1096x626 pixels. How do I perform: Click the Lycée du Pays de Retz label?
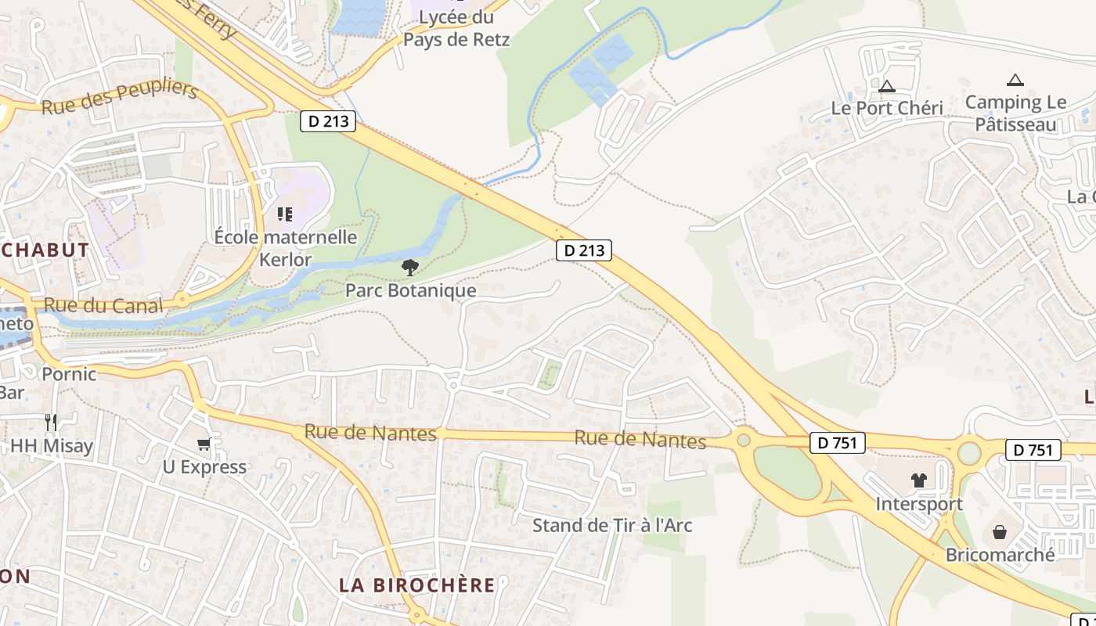click(x=456, y=28)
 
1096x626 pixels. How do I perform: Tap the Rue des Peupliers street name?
click(x=119, y=98)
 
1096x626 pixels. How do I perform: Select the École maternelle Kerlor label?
click(x=286, y=248)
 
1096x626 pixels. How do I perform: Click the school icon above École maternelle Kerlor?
click(x=285, y=214)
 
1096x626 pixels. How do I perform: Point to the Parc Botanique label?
click(x=411, y=291)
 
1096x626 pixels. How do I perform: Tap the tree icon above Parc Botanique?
click(x=409, y=268)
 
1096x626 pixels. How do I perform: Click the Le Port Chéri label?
click(x=887, y=108)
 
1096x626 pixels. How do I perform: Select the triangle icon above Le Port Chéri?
click(x=886, y=86)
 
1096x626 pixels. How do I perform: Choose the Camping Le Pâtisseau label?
click(x=1015, y=113)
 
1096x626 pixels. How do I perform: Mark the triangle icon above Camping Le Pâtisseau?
click(x=1015, y=80)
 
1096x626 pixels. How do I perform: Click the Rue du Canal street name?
click(x=103, y=305)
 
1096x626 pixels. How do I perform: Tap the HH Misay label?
click(x=52, y=447)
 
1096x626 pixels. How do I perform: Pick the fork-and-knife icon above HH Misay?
click(x=51, y=423)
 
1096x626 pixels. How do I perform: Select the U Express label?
click(x=204, y=467)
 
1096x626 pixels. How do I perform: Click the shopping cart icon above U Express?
click(x=204, y=444)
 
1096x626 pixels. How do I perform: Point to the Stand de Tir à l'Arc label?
click(x=612, y=525)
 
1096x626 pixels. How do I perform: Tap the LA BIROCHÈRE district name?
click(x=417, y=585)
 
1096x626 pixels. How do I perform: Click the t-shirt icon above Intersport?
click(x=919, y=480)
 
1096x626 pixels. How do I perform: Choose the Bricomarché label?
click(x=1000, y=555)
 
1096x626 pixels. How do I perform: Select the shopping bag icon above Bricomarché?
click(x=1000, y=532)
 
